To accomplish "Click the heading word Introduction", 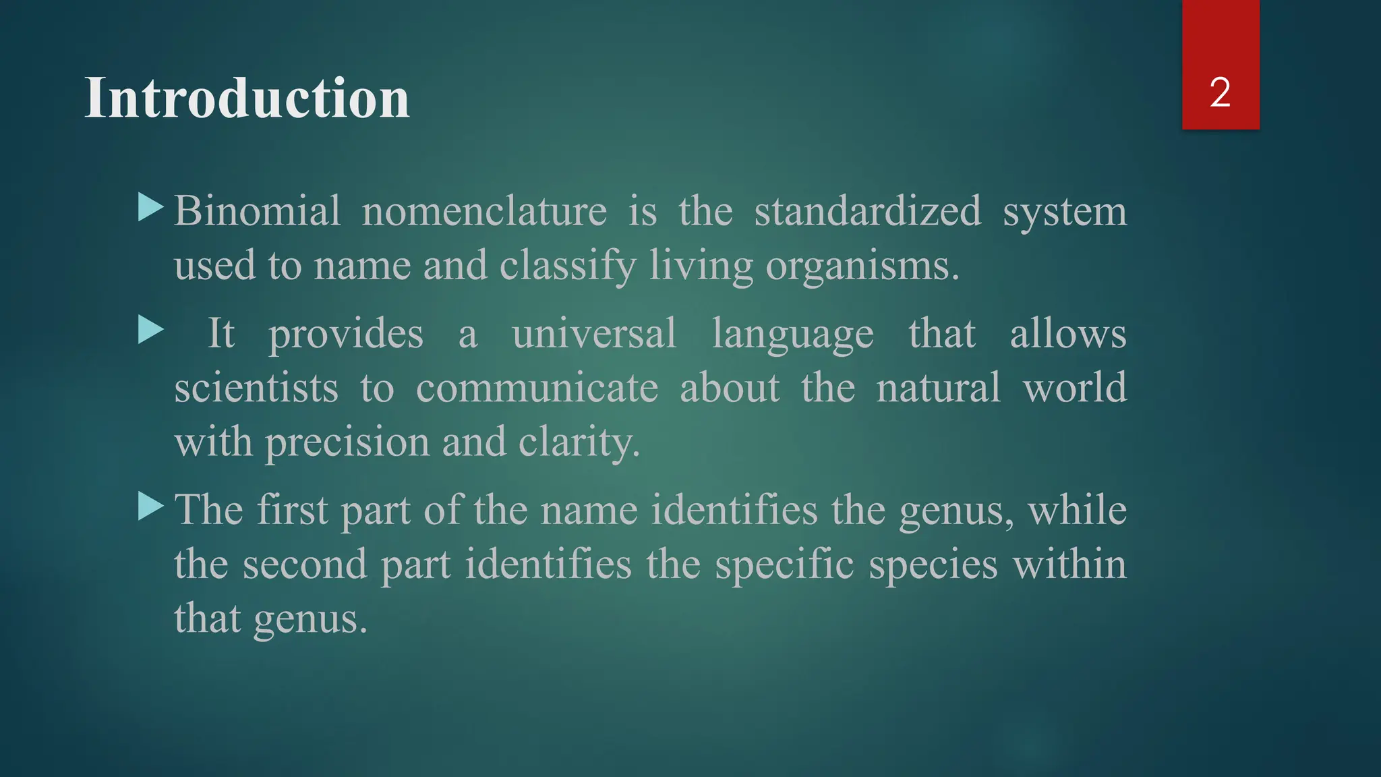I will pos(247,98).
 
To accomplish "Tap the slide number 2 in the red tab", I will pos(1220,92).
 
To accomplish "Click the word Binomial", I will pos(257,211).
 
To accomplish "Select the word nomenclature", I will pos(484,211).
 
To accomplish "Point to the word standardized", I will pos(867,211).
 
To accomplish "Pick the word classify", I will pos(568,266).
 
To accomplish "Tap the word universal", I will pos(594,333).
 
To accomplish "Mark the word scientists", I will pos(256,388).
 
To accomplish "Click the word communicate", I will pos(537,388).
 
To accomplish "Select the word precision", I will pos(347,443).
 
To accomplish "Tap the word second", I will pos(305,564).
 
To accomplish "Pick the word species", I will pos(933,565).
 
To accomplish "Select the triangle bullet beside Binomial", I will pos(150,208).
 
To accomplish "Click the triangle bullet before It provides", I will pos(150,330).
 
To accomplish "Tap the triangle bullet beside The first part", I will pos(150,507).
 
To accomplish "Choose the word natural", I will pos(938,388).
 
